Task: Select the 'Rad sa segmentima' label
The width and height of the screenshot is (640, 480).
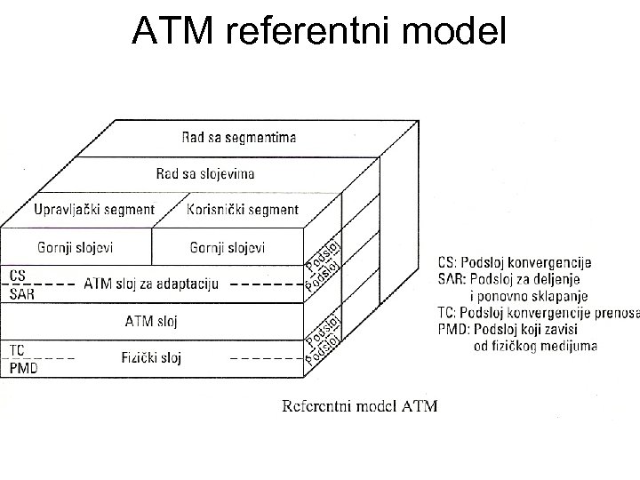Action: click(239, 137)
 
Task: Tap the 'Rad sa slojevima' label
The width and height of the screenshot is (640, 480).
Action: click(205, 172)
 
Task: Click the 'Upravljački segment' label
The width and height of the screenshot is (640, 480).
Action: click(94, 210)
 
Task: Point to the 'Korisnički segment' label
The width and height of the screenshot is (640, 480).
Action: click(244, 210)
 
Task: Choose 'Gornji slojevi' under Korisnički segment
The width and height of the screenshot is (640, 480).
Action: click(228, 246)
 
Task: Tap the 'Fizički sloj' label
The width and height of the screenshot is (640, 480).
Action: click(151, 358)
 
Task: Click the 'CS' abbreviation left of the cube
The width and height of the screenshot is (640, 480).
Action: click(18, 275)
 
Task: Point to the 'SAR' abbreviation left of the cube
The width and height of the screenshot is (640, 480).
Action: click(22, 293)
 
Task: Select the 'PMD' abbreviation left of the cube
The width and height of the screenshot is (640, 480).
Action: click(23, 367)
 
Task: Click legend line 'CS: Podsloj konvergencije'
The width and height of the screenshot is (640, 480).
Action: click(516, 263)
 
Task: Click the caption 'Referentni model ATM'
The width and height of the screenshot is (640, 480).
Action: click(359, 407)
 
